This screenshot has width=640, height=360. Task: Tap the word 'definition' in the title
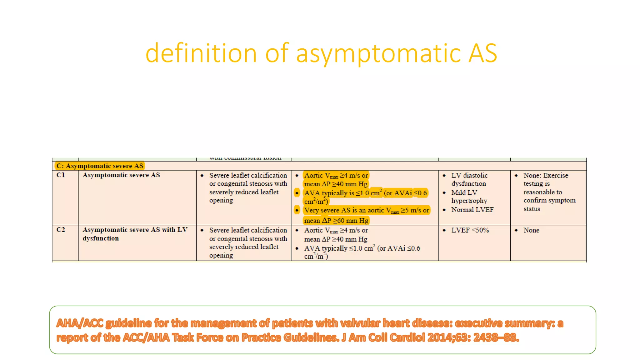pyautogui.click(x=201, y=53)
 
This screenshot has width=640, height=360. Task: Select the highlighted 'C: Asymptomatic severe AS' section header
pyautogui.click(x=100, y=166)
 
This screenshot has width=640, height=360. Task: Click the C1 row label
pyautogui.click(x=61, y=175)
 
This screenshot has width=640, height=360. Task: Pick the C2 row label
pyautogui.click(x=61, y=230)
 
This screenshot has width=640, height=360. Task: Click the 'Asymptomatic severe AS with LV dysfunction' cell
pyautogui.click(x=135, y=234)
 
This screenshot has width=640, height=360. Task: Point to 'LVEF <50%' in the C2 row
pyautogui.click(x=470, y=230)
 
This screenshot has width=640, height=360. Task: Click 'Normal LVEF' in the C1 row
pyautogui.click(x=472, y=210)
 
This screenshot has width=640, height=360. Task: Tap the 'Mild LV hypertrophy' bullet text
pyautogui.click(x=469, y=197)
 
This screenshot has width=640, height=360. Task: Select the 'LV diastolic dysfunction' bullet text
pyautogui.click(x=469, y=179)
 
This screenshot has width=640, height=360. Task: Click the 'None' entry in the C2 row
pyautogui.click(x=531, y=230)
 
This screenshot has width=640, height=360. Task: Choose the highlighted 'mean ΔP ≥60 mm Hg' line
pyautogui.click(x=336, y=221)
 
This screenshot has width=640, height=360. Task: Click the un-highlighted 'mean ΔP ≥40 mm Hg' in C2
pyautogui.click(x=336, y=239)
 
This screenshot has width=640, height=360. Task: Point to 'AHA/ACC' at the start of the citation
pyautogui.click(x=80, y=323)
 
